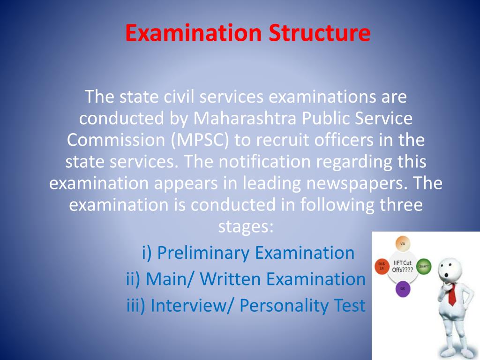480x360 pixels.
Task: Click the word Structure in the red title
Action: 319,33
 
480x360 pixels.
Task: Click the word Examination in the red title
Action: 193,33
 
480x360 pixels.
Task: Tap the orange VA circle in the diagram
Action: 403,244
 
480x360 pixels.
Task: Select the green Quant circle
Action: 424,266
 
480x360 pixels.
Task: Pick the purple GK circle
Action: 403,289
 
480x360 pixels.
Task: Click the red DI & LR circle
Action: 381,267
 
